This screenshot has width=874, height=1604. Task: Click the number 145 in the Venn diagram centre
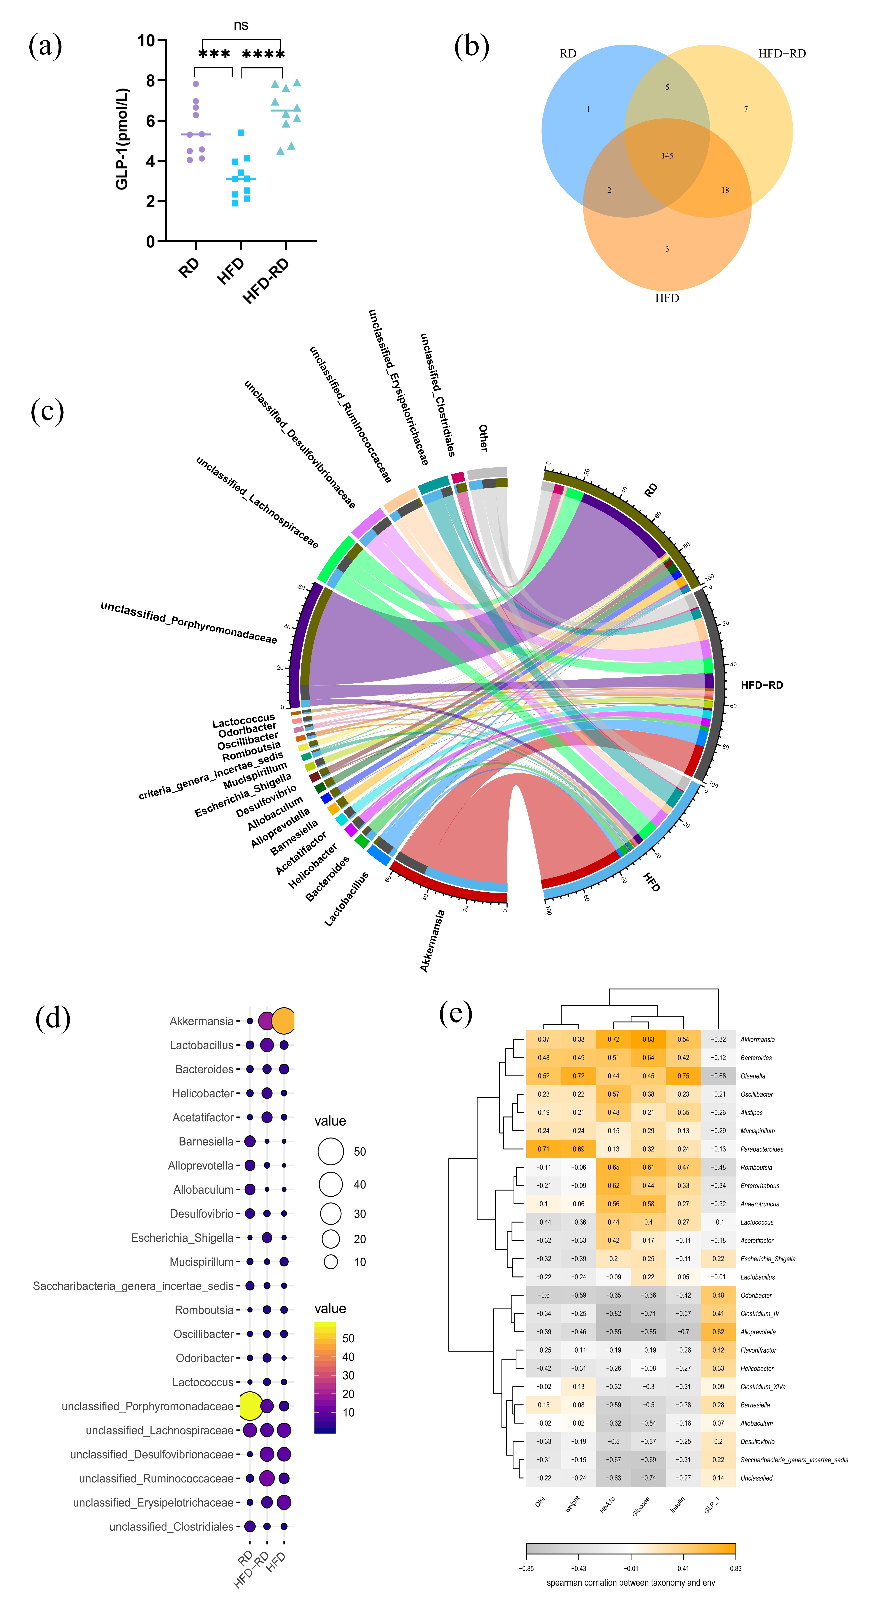667,156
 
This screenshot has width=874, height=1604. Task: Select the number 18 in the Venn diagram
725,190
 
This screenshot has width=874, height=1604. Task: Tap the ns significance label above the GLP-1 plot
241,25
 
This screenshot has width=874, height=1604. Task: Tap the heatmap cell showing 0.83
648,1039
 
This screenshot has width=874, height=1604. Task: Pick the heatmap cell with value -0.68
718,1076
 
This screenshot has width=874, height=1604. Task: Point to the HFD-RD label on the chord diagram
761,685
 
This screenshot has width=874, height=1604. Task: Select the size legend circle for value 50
331,1151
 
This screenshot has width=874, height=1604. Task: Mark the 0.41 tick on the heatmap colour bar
683,1568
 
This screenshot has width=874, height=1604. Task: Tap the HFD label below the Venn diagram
667,298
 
